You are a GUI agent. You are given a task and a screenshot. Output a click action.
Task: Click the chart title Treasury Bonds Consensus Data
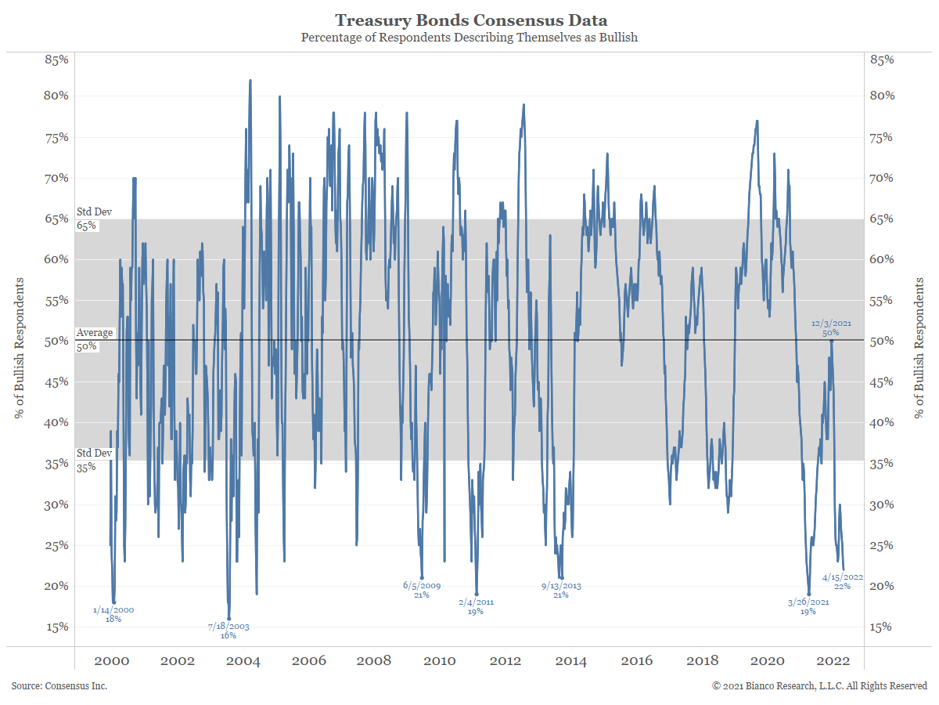[471, 20]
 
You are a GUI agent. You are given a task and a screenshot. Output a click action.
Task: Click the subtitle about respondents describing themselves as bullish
[469, 38]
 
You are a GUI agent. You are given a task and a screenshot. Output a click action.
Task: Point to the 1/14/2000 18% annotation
[113, 614]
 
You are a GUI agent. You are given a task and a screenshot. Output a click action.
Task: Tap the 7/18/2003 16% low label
[228, 631]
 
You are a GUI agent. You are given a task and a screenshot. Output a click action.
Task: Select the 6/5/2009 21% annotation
[422, 590]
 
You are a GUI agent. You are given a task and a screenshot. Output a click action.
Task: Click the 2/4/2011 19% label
[476, 606]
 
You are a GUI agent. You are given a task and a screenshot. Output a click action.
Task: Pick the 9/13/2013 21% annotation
[560, 590]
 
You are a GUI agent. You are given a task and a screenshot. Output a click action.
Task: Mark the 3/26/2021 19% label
[808, 606]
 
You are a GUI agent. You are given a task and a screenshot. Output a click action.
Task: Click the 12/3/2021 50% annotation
[831, 327]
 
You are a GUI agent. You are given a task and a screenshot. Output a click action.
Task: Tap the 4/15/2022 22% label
[842, 581]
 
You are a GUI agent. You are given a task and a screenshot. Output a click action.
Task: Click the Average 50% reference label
[95, 339]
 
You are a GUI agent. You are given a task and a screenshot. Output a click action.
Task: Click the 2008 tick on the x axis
[374, 660]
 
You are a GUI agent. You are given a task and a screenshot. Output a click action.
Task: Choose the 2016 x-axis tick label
[636, 660]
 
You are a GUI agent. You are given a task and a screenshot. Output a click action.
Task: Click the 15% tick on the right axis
[882, 627]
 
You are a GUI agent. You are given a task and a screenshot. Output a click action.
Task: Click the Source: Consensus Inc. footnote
[59, 686]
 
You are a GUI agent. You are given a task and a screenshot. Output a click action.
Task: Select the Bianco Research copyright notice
[819, 686]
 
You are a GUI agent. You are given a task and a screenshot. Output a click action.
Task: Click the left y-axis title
[20, 348]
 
